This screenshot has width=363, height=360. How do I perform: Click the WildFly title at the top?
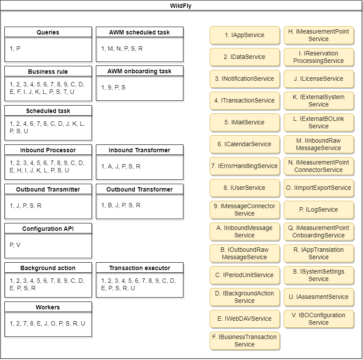(x=180, y=6)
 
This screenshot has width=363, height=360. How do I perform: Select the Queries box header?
(x=48, y=32)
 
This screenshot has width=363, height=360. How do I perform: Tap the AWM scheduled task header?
(x=139, y=32)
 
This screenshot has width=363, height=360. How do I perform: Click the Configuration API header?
(x=48, y=229)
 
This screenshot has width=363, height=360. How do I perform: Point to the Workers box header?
(x=48, y=307)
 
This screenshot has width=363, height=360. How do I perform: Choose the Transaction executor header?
(x=139, y=268)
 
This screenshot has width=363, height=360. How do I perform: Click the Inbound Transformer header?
(x=139, y=150)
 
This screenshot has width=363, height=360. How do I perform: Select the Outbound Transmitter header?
(x=48, y=189)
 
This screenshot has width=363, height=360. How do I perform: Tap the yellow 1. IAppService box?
(x=244, y=35)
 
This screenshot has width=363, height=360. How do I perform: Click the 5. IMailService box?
(x=244, y=122)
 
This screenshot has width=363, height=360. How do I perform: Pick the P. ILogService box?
(x=319, y=209)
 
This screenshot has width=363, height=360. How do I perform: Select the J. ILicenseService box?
(x=319, y=79)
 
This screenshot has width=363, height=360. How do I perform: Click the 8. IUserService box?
(x=244, y=188)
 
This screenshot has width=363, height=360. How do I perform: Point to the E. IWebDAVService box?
(x=244, y=319)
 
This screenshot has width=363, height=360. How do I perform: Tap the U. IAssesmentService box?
(x=319, y=297)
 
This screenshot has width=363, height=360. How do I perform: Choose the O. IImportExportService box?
(x=319, y=188)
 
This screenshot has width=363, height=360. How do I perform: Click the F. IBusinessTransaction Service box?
(x=244, y=340)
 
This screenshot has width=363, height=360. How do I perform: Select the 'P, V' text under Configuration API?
(x=15, y=245)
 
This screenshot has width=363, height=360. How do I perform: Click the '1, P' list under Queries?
(x=15, y=48)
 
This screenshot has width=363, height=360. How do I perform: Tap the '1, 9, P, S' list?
(x=113, y=87)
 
